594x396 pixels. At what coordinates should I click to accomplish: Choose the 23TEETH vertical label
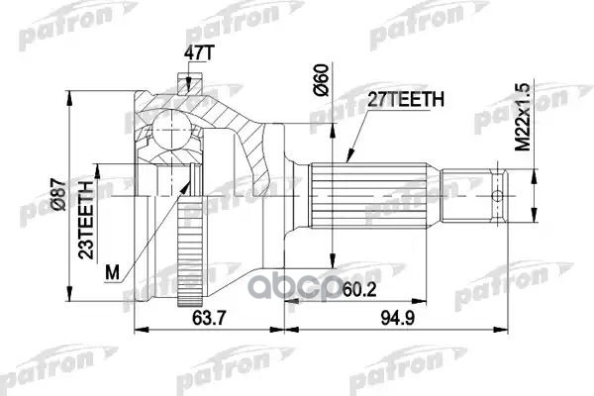pos(87,217)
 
